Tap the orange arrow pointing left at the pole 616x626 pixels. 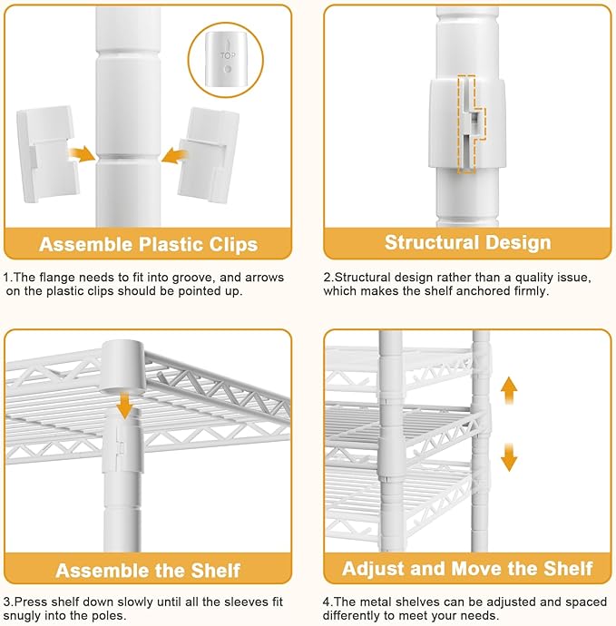(172, 155)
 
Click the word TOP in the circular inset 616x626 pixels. (228, 54)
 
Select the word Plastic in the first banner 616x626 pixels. (173, 244)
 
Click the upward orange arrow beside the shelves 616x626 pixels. (509, 391)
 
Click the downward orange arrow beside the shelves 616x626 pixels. (509, 455)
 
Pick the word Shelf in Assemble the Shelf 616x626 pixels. (214, 571)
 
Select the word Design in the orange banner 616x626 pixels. (516, 242)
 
